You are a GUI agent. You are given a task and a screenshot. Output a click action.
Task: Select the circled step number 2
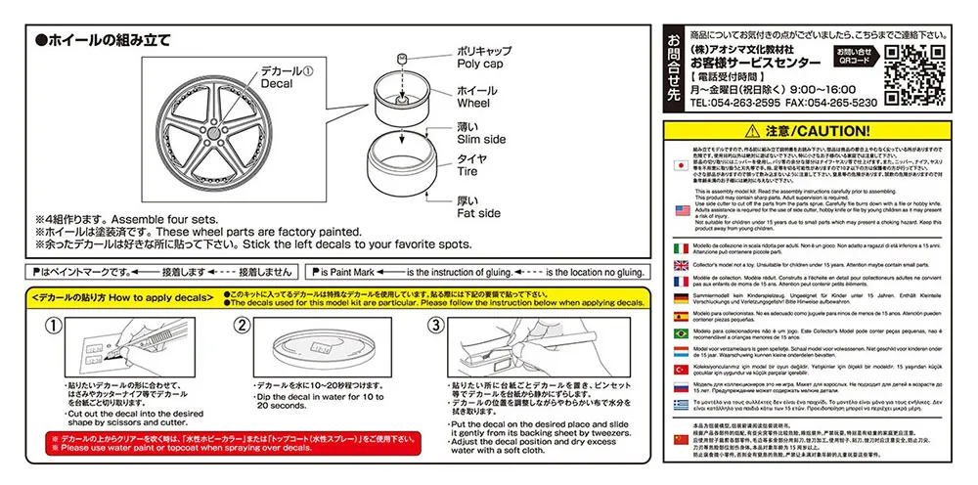point(244,327)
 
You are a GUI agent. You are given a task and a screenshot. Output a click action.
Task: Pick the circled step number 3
point(437,327)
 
